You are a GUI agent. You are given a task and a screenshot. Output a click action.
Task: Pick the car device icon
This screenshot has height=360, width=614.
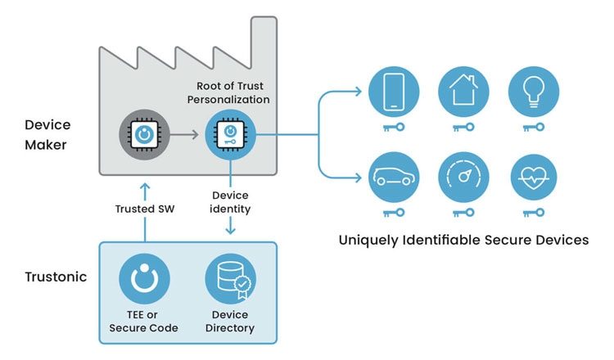[395, 175]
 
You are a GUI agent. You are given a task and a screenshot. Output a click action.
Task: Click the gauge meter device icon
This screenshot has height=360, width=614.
[464, 175]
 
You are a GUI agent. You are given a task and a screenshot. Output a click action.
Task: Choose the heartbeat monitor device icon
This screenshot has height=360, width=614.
[534, 175]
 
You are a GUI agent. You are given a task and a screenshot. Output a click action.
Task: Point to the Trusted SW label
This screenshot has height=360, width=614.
[145, 209]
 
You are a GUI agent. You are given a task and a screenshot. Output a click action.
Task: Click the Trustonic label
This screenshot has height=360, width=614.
[54, 277]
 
